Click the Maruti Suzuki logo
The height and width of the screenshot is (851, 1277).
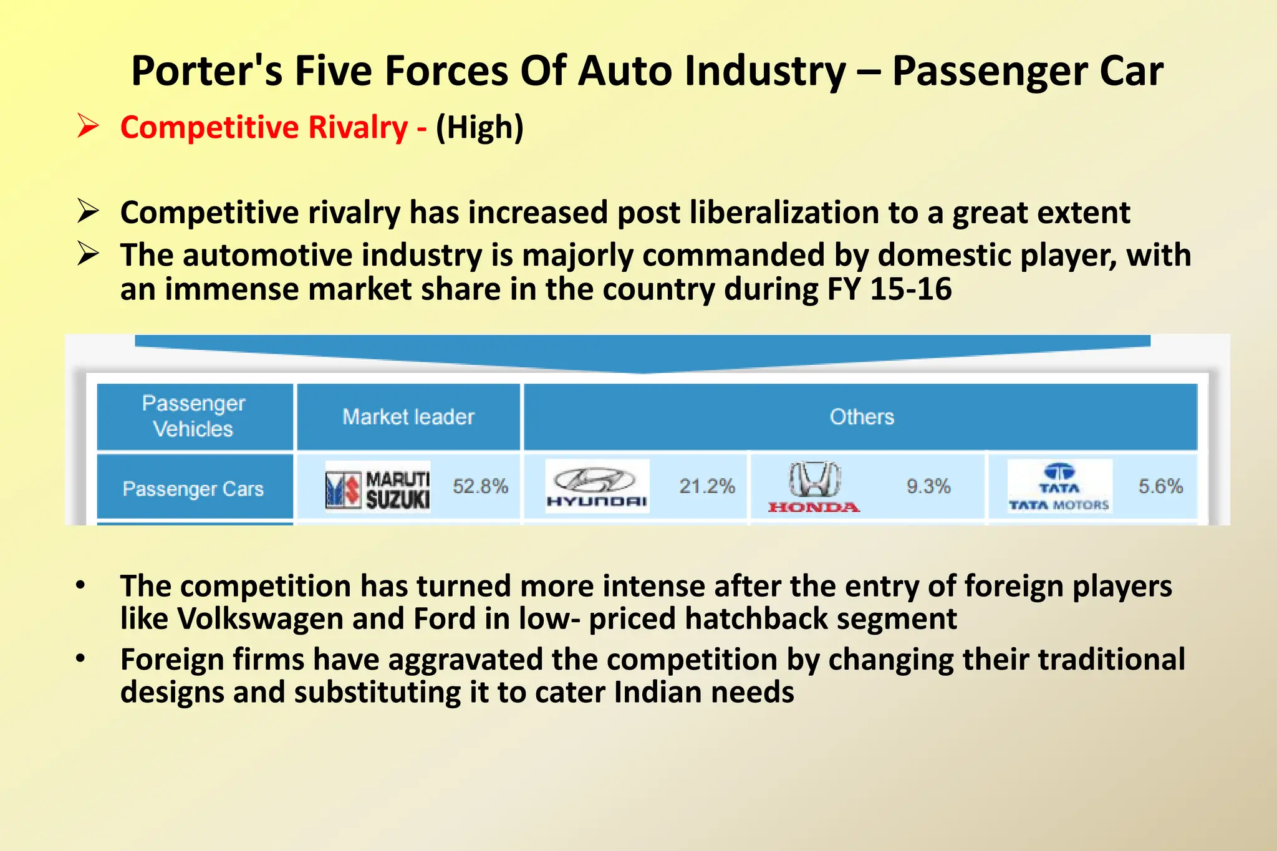click(x=378, y=487)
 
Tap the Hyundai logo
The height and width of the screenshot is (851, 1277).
click(x=597, y=486)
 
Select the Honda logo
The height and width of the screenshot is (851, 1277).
click(x=814, y=488)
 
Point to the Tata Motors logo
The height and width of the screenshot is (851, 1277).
click(x=1059, y=487)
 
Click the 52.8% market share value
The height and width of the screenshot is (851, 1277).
click(x=480, y=486)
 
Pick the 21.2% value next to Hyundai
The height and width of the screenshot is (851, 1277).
click(x=707, y=486)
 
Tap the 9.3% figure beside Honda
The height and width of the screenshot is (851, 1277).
click(x=928, y=486)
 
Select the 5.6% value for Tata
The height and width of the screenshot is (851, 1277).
click(x=1160, y=486)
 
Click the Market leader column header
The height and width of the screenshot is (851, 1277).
click(x=408, y=416)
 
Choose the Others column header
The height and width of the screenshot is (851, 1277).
click(x=862, y=416)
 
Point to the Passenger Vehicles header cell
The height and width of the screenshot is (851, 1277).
click(x=194, y=416)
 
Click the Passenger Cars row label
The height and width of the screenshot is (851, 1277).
click(x=193, y=489)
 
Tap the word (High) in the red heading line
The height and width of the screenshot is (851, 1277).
click(x=479, y=127)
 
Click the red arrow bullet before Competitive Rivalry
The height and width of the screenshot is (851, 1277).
click(x=88, y=126)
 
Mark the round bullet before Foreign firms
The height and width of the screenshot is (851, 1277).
click(x=80, y=658)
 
